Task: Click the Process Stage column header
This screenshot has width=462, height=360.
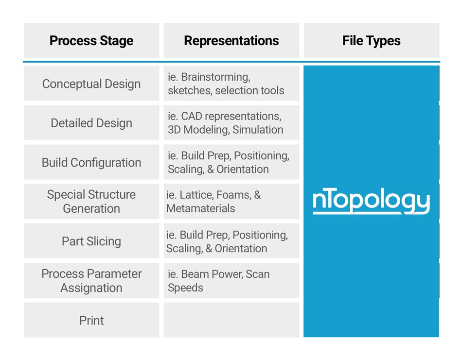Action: tap(91, 41)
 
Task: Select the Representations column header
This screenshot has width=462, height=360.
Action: tap(231, 41)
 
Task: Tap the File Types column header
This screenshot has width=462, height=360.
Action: tap(371, 41)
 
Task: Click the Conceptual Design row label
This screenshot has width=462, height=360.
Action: tap(91, 84)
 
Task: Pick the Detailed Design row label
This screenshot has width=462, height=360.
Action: tap(91, 123)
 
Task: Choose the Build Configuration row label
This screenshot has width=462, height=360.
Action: tap(91, 162)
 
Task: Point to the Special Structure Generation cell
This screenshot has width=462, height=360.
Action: tap(91, 201)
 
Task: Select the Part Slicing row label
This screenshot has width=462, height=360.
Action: tap(91, 241)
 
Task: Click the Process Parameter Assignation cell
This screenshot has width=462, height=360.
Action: tap(91, 280)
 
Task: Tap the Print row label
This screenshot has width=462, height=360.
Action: tap(91, 320)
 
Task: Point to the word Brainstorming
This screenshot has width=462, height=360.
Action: tap(215, 77)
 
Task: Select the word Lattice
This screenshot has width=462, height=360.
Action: tap(197, 195)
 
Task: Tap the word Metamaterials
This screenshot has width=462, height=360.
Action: tap(201, 208)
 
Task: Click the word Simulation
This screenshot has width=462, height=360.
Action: tap(258, 130)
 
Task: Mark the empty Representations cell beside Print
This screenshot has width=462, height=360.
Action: tap(231, 320)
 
